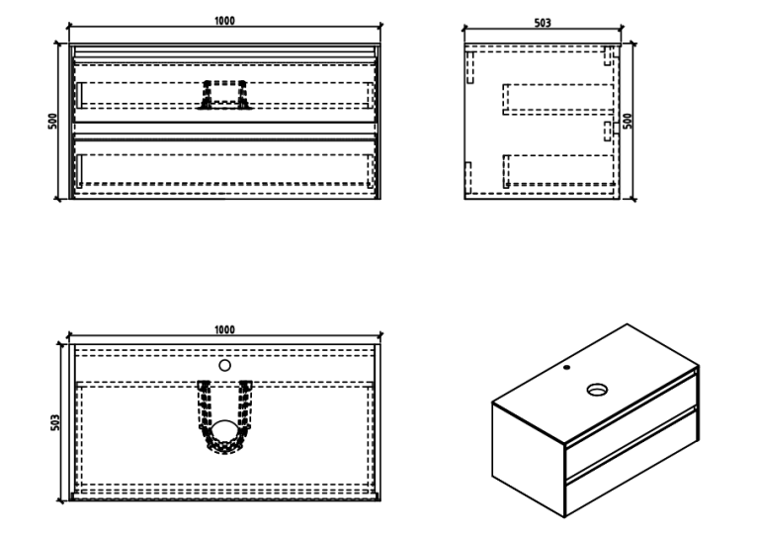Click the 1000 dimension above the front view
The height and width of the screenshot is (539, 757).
[x=224, y=21]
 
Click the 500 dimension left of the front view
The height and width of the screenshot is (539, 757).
[x=52, y=121]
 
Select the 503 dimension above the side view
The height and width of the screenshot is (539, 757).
[x=543, y=23]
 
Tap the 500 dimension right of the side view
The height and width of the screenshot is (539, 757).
[x=628, y=121]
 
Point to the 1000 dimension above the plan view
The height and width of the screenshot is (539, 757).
[x=224, y=330]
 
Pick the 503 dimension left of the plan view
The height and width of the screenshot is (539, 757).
[x=55, y=422]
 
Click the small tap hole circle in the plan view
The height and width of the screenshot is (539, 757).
[x=224, y=366]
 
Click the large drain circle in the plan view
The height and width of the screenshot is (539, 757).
[x=224, y=431]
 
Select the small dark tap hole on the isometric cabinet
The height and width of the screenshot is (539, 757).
[x=566, y=368]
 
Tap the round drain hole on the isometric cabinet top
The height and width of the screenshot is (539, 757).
[x=597, y=390]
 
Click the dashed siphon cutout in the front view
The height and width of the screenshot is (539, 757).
[x=224, y=95]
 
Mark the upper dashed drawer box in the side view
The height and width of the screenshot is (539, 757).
[x=558, y=100]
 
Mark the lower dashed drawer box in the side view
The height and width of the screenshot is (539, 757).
[x=558, y=170]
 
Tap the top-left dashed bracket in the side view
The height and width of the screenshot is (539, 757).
[x=470, y=67]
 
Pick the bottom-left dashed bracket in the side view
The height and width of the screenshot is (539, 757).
[x=467, y=178]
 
